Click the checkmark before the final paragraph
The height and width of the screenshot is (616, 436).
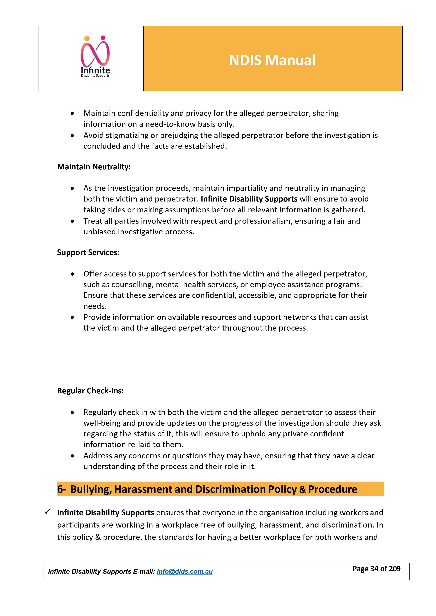coord(48,512)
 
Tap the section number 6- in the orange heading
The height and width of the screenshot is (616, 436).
coord(61,489)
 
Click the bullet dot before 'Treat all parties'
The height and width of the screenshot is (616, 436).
coord(72,221)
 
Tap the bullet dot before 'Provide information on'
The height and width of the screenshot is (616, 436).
coord(72,317)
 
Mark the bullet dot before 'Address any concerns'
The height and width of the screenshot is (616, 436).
coord(72,456)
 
